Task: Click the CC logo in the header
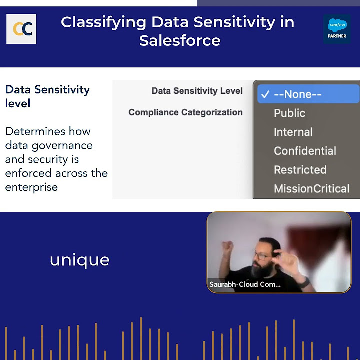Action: [21, 29]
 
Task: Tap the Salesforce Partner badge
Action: [337, 28]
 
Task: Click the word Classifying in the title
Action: [103, 22]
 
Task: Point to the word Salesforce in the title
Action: [180, 40]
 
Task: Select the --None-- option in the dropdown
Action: [297, 94]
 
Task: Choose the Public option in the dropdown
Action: [289, 113]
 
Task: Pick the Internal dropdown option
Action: [293, 132]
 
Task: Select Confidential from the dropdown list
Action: [305, 151]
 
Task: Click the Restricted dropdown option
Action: [300, 170]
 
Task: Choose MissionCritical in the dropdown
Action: [311, 189]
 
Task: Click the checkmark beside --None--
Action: [265, 94]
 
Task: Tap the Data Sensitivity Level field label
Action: [197, 91]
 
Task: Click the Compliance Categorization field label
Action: [185, 112]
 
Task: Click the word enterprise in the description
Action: [31, 187]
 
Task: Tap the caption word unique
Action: [79, 260]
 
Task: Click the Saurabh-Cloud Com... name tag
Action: [245, 284]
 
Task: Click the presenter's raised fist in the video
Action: [228, 246]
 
